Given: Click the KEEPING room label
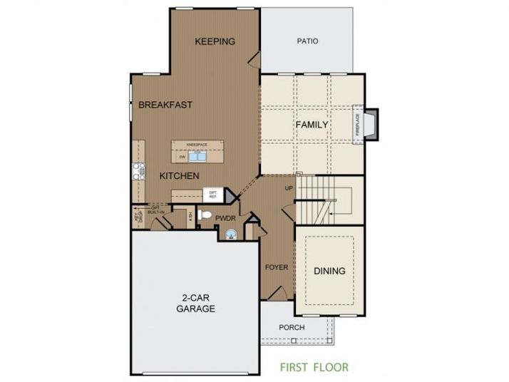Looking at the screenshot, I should click(215, 41).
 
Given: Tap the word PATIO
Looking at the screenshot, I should click(307, 41).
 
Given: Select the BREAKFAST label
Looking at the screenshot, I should click(165, 105).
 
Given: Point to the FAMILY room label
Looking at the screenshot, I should click(312, 125).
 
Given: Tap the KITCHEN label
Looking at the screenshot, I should click(178, 175).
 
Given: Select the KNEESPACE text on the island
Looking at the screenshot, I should click(196, 145).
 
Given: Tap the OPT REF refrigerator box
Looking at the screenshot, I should click(212, 194).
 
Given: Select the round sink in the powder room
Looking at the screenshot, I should click(230, 234).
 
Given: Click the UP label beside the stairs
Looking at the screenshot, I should click(289, 188).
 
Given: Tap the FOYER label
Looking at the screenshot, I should click(276, 269).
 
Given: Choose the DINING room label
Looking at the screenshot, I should click(329, 271).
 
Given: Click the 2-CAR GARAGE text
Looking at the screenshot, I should click(195, 304).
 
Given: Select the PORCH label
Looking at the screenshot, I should click(292, 328).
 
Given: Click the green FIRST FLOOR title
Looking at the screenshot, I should click(314, 368).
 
